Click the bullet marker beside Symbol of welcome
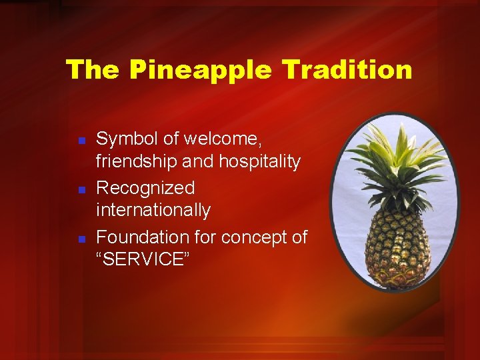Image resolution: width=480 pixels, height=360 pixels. (80, 141)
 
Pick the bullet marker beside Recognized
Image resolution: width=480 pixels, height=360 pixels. (80, 190)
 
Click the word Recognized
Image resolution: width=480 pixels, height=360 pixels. (145, 189)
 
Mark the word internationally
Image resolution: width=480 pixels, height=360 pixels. (153, 211)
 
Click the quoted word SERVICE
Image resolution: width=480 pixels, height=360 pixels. (143, 260)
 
